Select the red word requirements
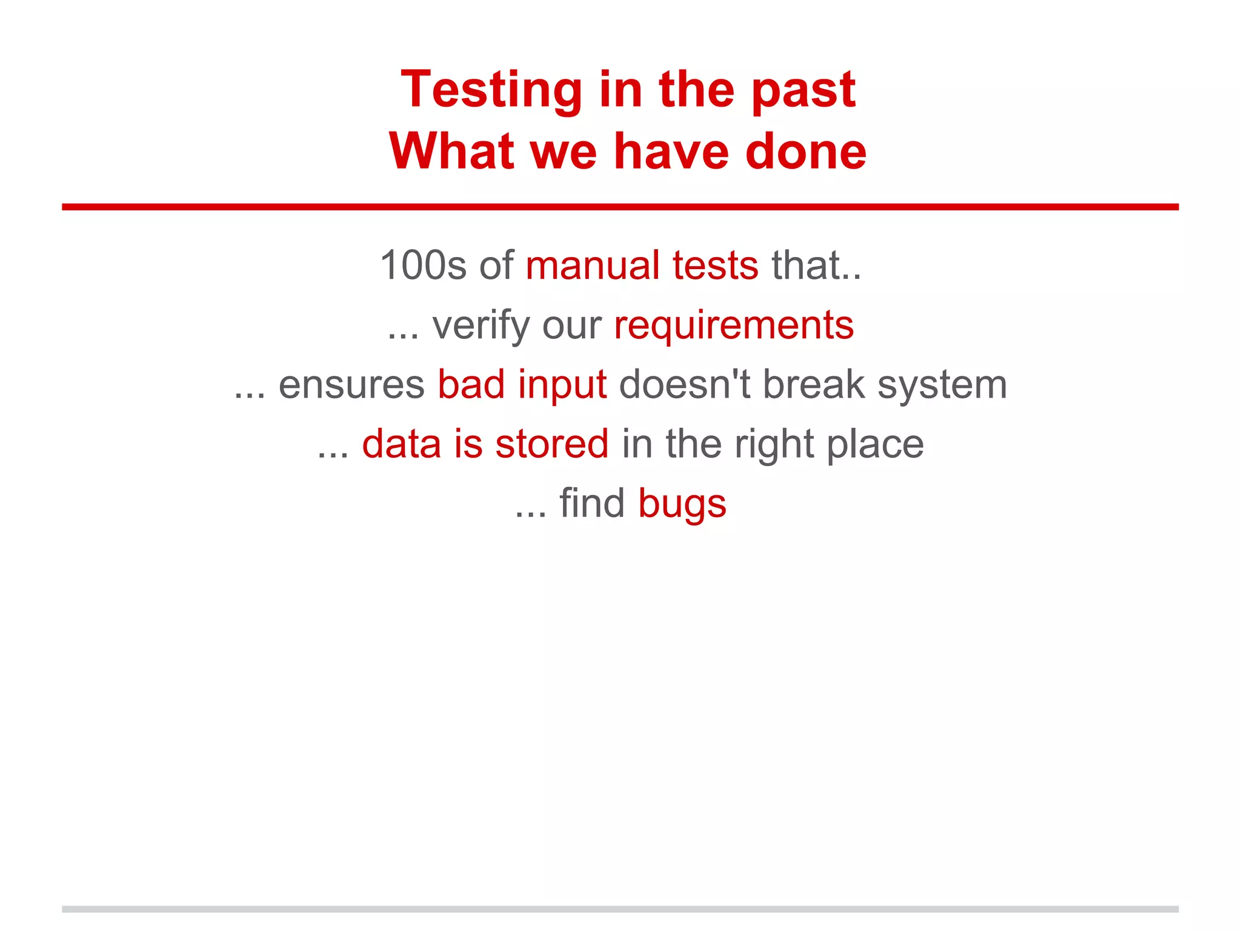[734, 325]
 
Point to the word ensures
[351, 385]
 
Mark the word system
[942, 385]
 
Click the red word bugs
[682, 504]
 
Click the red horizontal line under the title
[620, 207]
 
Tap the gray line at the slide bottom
[620, 909]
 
